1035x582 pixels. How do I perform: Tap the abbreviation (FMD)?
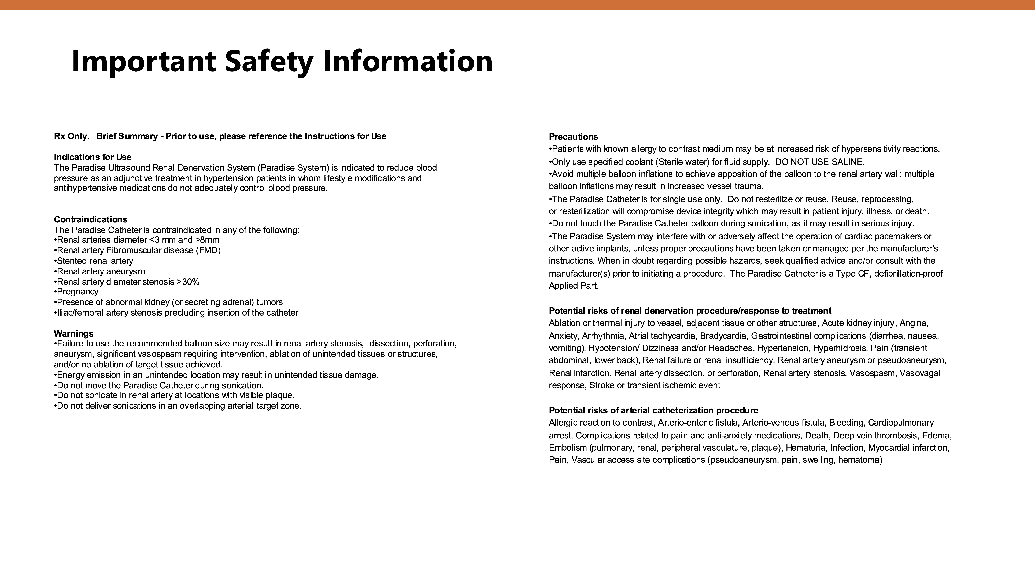[208, 250]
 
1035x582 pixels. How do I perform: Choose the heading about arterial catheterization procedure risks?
[653, 410]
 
